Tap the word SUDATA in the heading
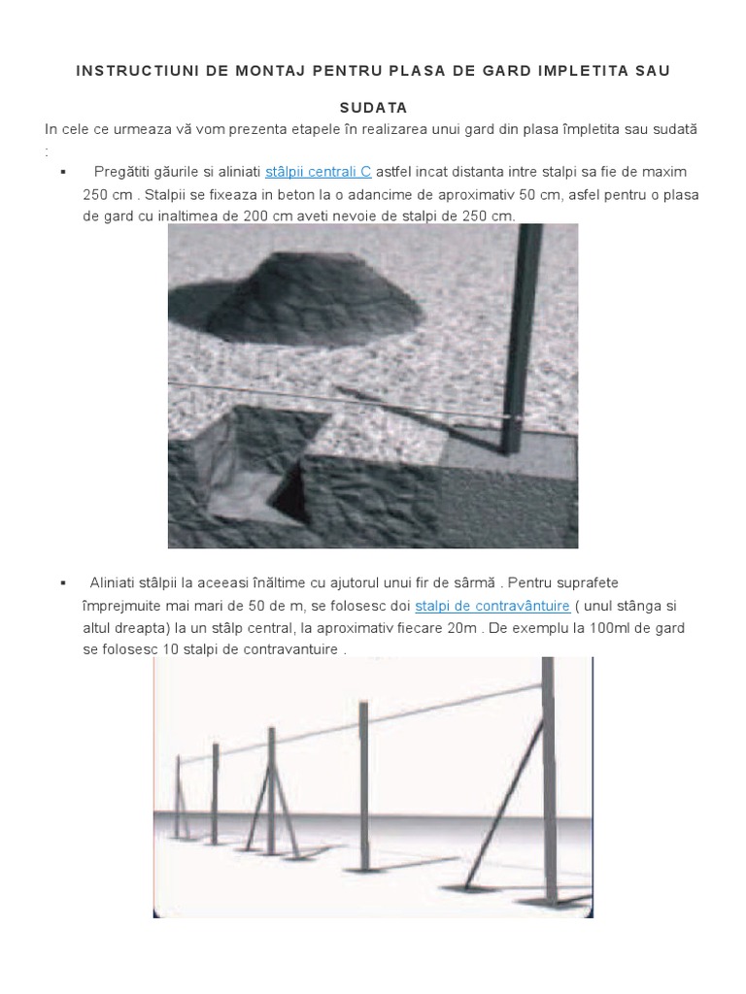[372, 108]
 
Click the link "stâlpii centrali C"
[319, 172]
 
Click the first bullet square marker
[62, 172]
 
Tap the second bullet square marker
[62, 582]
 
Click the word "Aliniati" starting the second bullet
[117, 582]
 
